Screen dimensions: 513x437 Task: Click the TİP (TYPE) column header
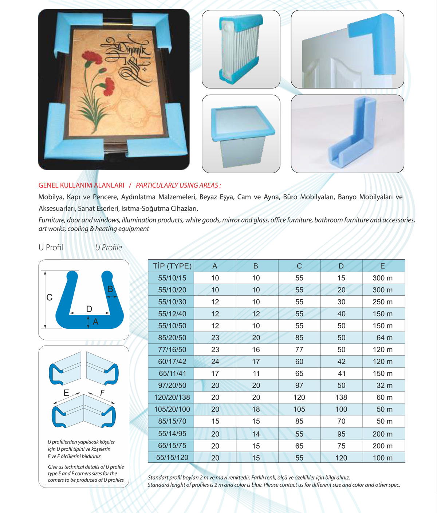[172, 266]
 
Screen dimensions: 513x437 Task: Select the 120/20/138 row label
[172, 398]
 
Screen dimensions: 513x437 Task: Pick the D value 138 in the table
[341, 398]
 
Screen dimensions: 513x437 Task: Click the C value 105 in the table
[299, 410]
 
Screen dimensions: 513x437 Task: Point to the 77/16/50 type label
[172, 350]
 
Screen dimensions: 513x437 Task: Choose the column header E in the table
[382, 266]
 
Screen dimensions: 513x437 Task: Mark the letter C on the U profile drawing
[50, 297]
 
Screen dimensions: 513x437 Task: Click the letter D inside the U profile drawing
[89, 309]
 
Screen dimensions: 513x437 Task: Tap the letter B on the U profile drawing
[110, 289]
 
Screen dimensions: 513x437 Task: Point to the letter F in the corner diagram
[102, 393]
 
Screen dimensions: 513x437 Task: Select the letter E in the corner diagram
[66, 393]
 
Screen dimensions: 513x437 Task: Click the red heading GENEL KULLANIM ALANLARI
[81, 185]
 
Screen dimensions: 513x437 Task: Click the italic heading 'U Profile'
[109, 248]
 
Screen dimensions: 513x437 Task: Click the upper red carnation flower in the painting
[94, 58]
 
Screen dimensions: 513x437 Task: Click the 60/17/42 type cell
[172, 362]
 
